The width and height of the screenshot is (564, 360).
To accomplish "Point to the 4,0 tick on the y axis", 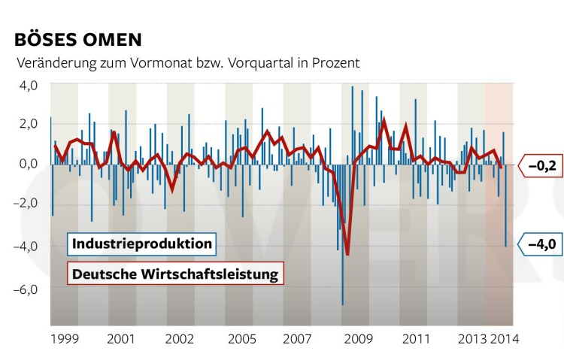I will [x=28, y=85].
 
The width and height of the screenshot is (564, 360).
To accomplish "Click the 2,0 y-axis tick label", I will [x=28, y=123].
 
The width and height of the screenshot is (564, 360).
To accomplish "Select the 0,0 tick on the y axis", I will [x=28, y=163].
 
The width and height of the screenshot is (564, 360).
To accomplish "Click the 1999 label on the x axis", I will [x=65, y=339].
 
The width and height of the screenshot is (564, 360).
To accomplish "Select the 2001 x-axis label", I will [x=121, y=339].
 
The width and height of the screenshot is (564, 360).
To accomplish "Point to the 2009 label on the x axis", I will [x=358, y=339].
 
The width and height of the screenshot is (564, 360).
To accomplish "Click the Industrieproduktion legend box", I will [x=142, y=244].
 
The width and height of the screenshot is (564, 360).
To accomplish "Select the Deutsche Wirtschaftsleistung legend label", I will [x=176, y=273].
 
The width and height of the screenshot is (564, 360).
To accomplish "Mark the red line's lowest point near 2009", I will [x=347, y=254].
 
